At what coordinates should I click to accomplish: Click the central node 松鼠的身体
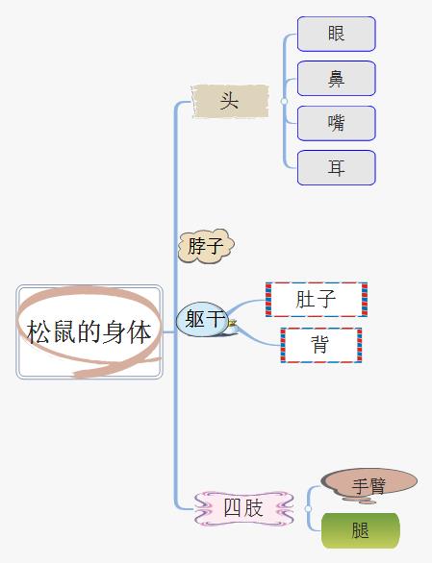[89, 331]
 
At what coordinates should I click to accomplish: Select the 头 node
[230, 101]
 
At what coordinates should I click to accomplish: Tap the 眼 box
[337, 34]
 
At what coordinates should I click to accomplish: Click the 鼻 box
[337, 78]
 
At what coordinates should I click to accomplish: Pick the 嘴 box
[337, 123]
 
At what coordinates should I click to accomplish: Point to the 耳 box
[337, 168]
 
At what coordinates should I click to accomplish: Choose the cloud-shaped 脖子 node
[206, 246]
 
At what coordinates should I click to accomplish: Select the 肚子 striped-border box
[317, 300]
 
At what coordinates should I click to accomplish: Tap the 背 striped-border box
[320, 345]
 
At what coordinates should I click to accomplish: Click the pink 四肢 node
[243, 508]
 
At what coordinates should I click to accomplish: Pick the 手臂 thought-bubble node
[369, 485]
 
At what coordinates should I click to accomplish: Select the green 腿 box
[361, 530]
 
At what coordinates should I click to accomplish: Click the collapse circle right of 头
[284, 101]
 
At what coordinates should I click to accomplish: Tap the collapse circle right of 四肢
[308, 508]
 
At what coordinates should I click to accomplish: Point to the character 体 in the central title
[140, 331]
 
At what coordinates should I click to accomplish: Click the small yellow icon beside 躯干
[233, 323]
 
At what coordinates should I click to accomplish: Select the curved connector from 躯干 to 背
[256, 338]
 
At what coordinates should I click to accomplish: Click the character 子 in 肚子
[326, 300]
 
